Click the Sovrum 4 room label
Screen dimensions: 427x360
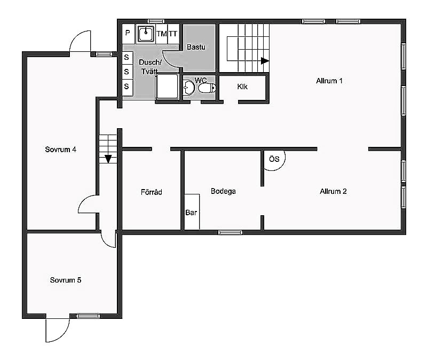click(60, 150)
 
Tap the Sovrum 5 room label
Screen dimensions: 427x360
click(66, 280)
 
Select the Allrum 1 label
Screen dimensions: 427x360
click(329, 81)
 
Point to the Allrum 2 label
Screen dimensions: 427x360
click(333, 191)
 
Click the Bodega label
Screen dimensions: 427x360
click(223, 191)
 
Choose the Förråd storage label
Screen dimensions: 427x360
click(152, 192)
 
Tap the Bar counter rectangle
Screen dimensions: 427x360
click(192, 212)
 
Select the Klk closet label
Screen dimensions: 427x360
click(242, 87)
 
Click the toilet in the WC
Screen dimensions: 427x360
click(207, 88)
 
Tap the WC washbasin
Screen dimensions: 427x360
click(188, 88)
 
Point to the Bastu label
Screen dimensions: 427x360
click(196, 47)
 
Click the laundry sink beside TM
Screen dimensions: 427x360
click(146, 34)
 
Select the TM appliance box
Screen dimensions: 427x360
click(162, 34)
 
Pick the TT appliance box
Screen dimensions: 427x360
click(173, 34)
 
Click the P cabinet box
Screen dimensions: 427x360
click(128, 34)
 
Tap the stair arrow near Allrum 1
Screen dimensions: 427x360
click(265, 61)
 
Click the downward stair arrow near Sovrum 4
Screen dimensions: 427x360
click(108, 159)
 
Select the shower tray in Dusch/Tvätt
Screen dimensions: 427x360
click(167, 87)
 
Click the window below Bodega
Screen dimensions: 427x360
click(230, 232)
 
